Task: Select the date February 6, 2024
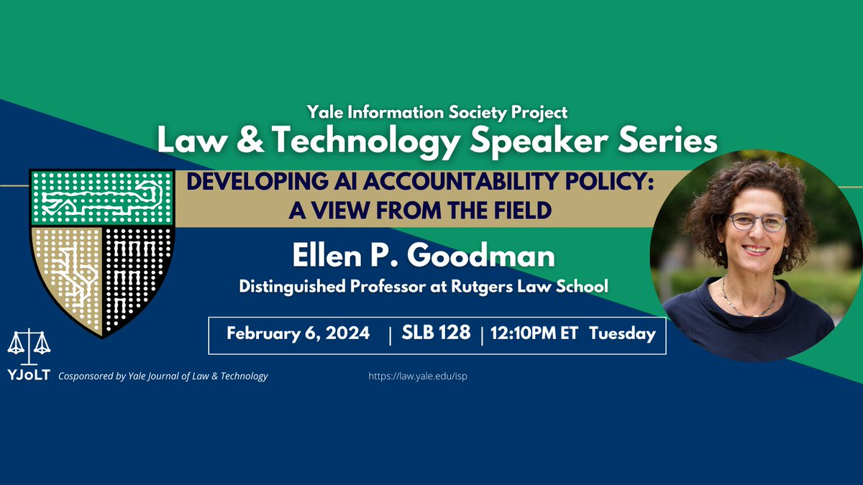coord(298,333)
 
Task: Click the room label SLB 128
coord(436,333)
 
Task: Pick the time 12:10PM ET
coord(534,333)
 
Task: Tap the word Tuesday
coord(622,333)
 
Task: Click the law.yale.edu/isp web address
coord(422,376)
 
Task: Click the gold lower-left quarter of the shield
coord(68,273)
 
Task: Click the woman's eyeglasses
coord(757,222)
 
